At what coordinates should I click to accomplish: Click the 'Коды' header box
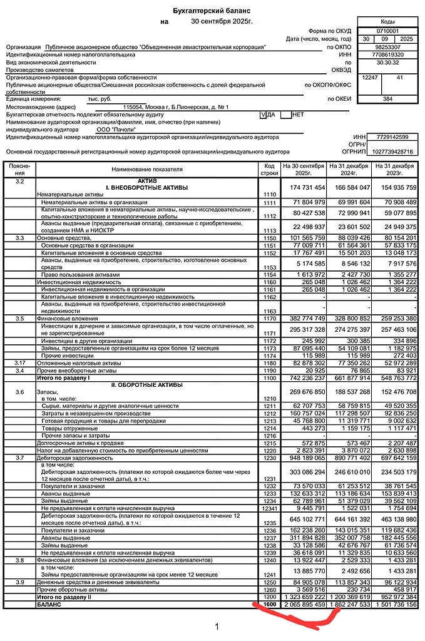[387, 21]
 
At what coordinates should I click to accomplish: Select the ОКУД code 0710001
[387, 30]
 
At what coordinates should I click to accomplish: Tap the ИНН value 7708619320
[387, 54]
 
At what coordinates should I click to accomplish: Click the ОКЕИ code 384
[387, 99]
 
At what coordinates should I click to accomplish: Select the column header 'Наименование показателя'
[147, 169]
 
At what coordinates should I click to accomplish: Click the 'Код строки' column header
[270, 169]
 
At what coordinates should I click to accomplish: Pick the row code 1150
[270, 238]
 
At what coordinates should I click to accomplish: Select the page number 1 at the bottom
[217, 625]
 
